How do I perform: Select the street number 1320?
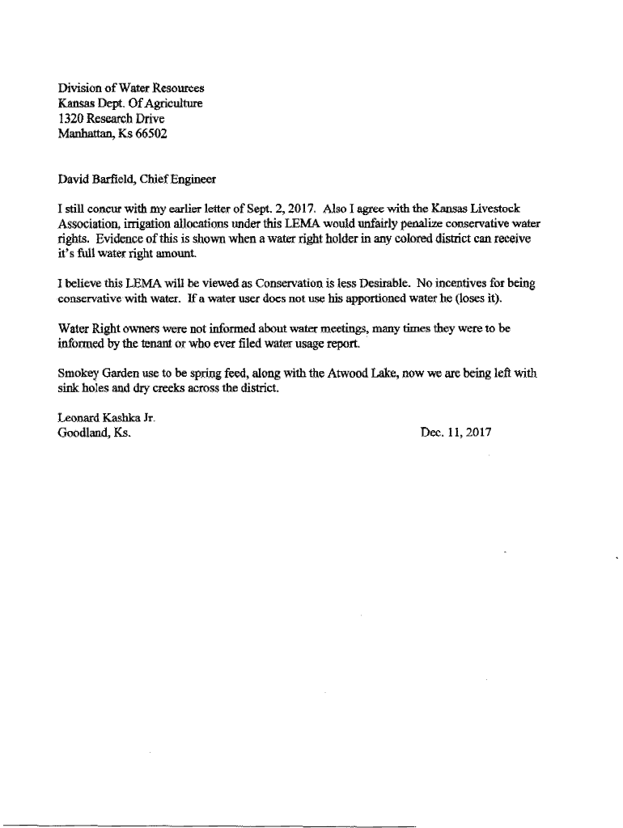(x=71, y=119)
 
